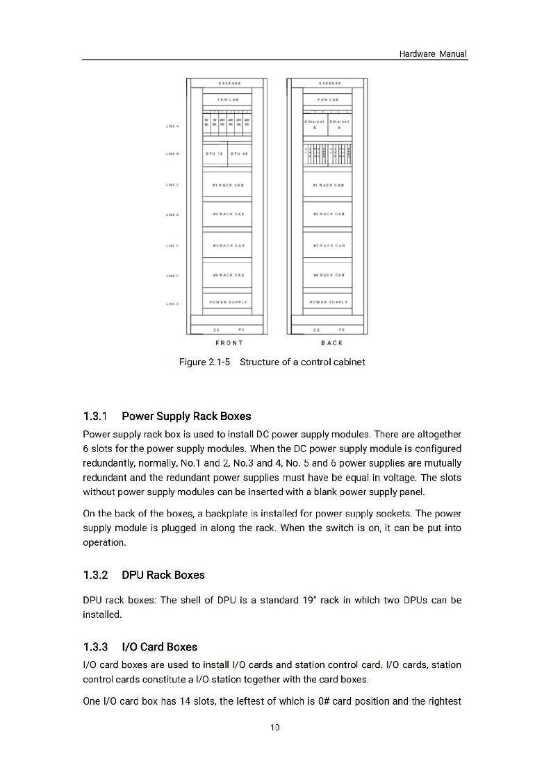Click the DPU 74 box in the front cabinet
214,153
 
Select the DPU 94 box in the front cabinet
240,153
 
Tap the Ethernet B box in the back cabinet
315,124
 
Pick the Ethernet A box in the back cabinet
339,124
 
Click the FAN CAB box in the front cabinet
229,99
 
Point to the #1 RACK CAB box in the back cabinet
328,185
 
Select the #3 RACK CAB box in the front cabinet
229,245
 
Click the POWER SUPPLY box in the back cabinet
328,302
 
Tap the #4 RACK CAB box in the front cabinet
229,275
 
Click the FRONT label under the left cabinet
229,343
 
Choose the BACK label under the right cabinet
331,343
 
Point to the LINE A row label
172,126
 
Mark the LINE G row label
172,303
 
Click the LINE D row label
172,215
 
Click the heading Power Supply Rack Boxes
186,417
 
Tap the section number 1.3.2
95,575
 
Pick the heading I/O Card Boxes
159,647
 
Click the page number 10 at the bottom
275,728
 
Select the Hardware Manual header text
433,53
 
